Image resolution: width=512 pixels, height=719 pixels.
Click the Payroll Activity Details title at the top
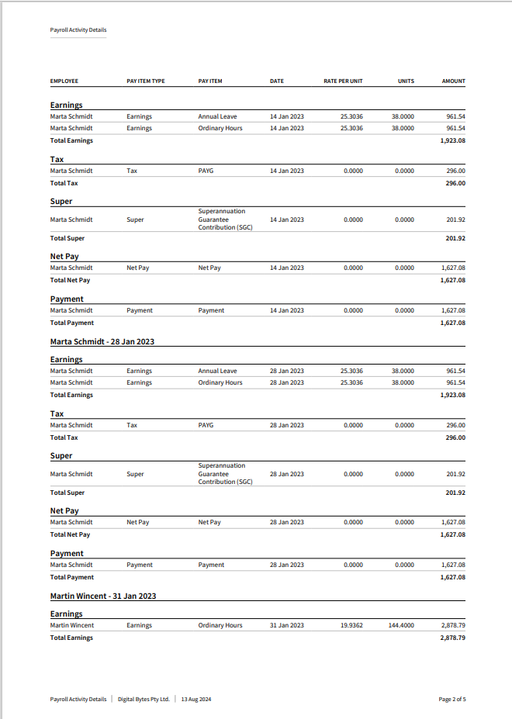[x=78, y=30]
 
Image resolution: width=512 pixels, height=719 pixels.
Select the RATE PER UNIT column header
[x=343, y=81]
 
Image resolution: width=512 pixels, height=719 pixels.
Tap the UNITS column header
[x=406, y=81]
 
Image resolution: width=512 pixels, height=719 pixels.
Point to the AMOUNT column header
[x=453, y=81]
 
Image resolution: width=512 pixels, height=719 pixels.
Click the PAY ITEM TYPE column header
[x=146, y=81]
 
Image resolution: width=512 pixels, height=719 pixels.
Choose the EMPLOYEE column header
[x=64, y=81]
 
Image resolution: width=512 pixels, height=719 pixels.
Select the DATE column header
[x=277, y=81]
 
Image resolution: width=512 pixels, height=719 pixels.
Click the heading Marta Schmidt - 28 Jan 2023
[x=102, y=341]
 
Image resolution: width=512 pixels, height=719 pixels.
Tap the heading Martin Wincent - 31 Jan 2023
[x=103, y=596]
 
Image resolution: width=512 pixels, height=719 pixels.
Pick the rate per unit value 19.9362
[x=351, y=625]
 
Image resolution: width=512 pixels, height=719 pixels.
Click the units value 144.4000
[x=401, y=625]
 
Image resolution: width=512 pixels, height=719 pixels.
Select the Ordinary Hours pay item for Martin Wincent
[x=220, y=625]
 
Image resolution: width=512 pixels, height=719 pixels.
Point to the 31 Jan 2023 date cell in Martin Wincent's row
[x=287, y=625]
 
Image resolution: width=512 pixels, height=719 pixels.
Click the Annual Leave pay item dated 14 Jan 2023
[x=218, y=116]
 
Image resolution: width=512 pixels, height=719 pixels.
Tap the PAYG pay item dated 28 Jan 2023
[x=206, y=425]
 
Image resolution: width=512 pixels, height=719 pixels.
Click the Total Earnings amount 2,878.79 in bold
[x=452, y=638]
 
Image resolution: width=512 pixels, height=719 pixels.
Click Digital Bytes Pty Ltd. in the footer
[x=144, y=699]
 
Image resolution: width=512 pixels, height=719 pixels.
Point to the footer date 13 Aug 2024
[x=196, y=699]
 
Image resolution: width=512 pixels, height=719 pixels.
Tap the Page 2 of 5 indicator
[x=452, y=699]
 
